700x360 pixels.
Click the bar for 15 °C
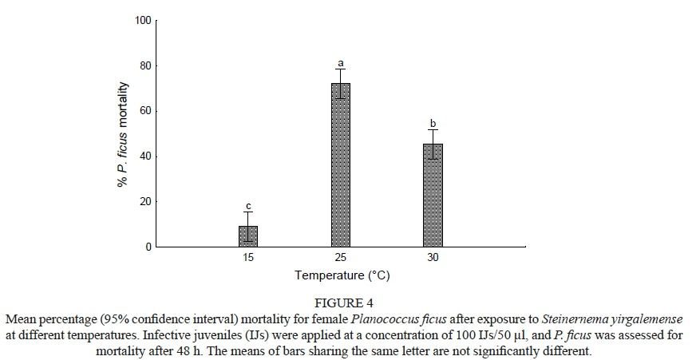click(248, 236)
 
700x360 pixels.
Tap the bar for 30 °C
click(433, 196)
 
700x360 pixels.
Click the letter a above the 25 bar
click(341, 62)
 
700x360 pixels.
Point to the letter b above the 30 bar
click(433, 123)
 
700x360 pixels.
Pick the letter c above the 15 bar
click(248, 206)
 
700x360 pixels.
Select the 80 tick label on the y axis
click(144, 65)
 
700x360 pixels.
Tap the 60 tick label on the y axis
click(144, 111)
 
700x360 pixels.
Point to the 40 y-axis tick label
click(144, 156)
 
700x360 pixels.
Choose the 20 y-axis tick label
click(144, 202)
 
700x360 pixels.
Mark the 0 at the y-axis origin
click(148, 247)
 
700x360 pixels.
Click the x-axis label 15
click(248, 258)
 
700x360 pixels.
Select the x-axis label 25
click(341, 258)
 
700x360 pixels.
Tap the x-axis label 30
click(433, 258)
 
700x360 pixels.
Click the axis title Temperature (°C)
click(342, 276)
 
